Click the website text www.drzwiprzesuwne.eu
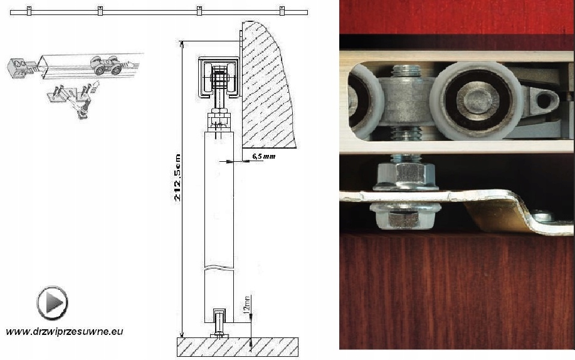[65, 331]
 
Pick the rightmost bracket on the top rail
[282, 11]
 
